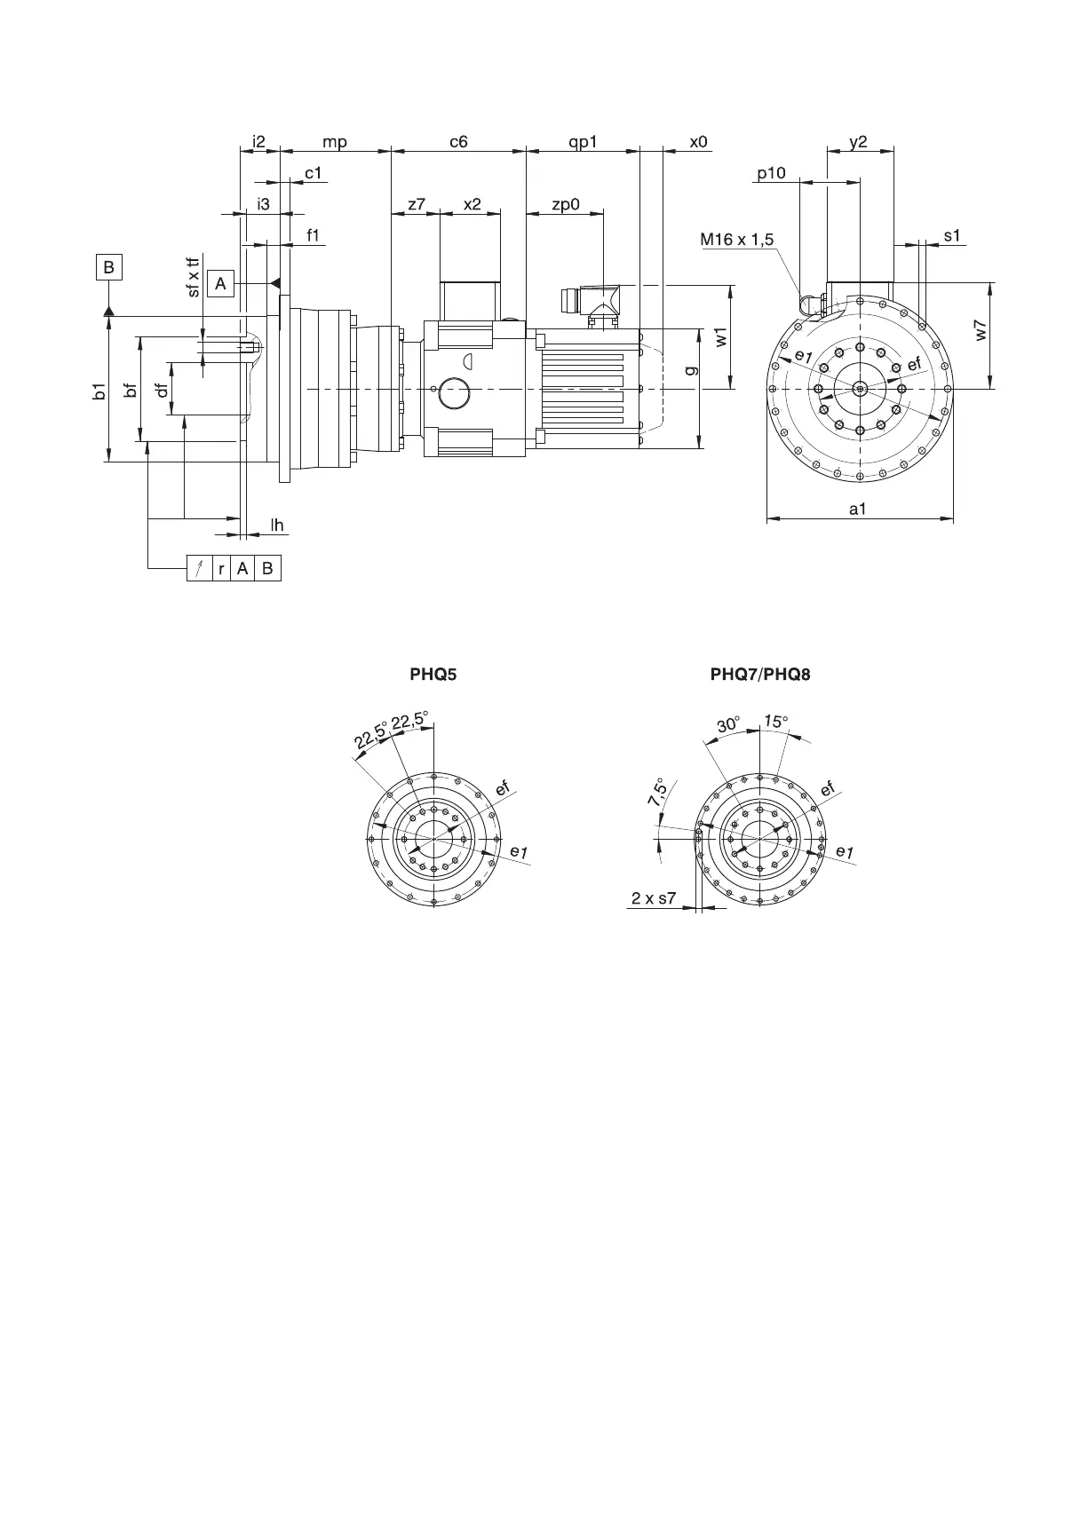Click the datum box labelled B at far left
click(x=108, y=267)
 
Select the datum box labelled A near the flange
click(x=220, y=283)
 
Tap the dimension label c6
click(x=458, y=141)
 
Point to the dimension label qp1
click(x=583, y=141)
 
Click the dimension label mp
click(x=334, y=141)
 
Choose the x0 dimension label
click(x=699, y=141)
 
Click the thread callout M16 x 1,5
click(x=736, y=239)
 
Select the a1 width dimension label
click(x=857, y=509)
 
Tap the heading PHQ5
click(x=433, y=674)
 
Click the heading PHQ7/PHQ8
click(x=760, y=674)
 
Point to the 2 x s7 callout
click(x=654, y=897)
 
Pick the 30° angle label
click(x=728, y=724)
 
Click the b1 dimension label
click(x=99, y=391)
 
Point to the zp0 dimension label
click(x=565, y=204)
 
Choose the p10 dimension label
click(x=771, y=173)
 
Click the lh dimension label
click(x=277, y=525)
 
